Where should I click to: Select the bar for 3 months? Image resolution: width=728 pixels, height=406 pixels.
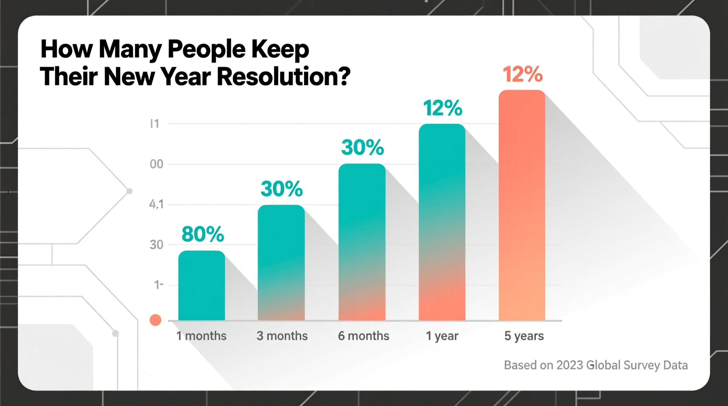tap(281, 262)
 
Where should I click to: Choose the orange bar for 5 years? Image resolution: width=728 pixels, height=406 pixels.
tap(522, 205)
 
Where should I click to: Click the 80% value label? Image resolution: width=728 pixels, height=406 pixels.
tap(203, 234)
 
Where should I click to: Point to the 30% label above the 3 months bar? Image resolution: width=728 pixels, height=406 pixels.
tap(282, 189)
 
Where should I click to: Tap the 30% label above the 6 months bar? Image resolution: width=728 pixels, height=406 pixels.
tap(362, 147)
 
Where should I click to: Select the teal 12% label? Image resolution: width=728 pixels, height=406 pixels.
tap(442, 108)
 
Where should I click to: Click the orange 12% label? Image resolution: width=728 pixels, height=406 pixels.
tap(522, 74)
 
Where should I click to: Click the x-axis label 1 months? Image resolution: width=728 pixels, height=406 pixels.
tap(201, 336)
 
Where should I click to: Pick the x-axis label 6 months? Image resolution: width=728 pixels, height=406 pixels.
tap(364, 336)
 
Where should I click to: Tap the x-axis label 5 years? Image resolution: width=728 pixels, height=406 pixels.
tap(524, 336)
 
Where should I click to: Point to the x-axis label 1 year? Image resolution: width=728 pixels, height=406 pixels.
tap(442, 336)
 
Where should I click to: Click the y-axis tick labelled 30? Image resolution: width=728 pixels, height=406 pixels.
tap(156, 245)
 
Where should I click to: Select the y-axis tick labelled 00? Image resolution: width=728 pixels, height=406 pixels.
tap(156, 164)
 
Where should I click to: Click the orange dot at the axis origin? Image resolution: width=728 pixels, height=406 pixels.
tap(155, 320)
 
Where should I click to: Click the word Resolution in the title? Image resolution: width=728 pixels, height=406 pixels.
tap(283, 77)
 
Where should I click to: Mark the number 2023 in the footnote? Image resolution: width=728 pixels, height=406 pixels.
tap(569, 365)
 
